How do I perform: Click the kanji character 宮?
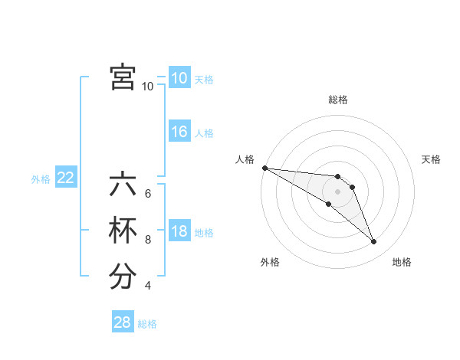123,77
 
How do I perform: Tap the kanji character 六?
123,186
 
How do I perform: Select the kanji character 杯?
123,231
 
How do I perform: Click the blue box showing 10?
179,78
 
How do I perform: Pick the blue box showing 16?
179,132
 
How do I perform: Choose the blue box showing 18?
179,231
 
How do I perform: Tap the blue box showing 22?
66,178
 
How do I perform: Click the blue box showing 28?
123,322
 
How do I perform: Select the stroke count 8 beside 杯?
148,240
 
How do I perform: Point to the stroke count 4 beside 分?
148,286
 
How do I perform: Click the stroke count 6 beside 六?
148,194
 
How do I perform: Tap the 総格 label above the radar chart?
338,100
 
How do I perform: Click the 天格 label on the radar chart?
432,159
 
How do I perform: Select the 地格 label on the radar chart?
402,262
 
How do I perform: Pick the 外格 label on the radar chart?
270,262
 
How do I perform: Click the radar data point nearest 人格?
264,168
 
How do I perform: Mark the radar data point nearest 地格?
374,242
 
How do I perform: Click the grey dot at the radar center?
338,191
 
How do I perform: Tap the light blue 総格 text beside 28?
147,324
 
